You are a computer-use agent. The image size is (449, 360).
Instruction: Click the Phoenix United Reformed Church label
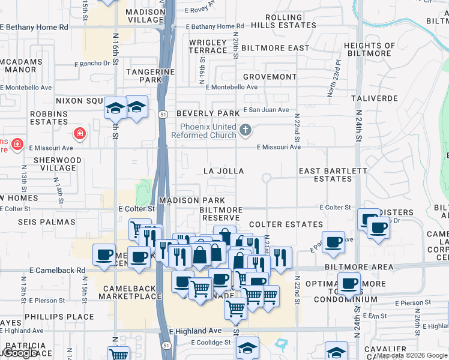208,130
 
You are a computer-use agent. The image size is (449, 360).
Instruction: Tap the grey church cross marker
245,130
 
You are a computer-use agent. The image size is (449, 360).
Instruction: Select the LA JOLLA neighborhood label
224,171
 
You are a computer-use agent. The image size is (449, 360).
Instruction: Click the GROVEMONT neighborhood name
270,77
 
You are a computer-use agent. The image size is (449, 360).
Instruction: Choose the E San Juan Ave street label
266,110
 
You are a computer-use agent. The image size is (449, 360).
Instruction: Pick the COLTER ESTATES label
286,224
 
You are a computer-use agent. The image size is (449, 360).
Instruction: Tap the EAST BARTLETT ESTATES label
333,175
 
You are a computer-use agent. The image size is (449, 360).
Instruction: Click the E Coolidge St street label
211,343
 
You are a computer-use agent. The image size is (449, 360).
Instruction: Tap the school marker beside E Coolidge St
247,347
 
